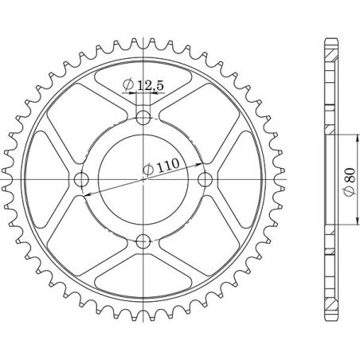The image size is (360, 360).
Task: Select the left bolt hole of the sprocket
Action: tap(83, 180)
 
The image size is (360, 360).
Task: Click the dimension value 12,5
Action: tap(147, 84)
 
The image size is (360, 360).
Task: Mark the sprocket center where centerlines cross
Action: tap(143, 179)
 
